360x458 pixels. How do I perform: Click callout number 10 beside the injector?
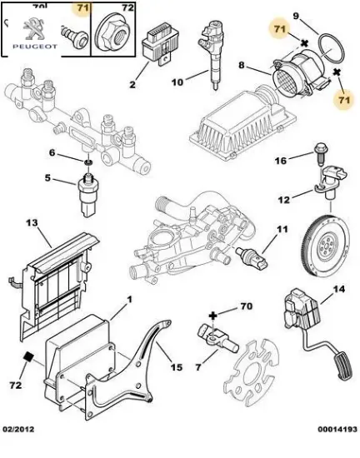[x=177, y=82]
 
